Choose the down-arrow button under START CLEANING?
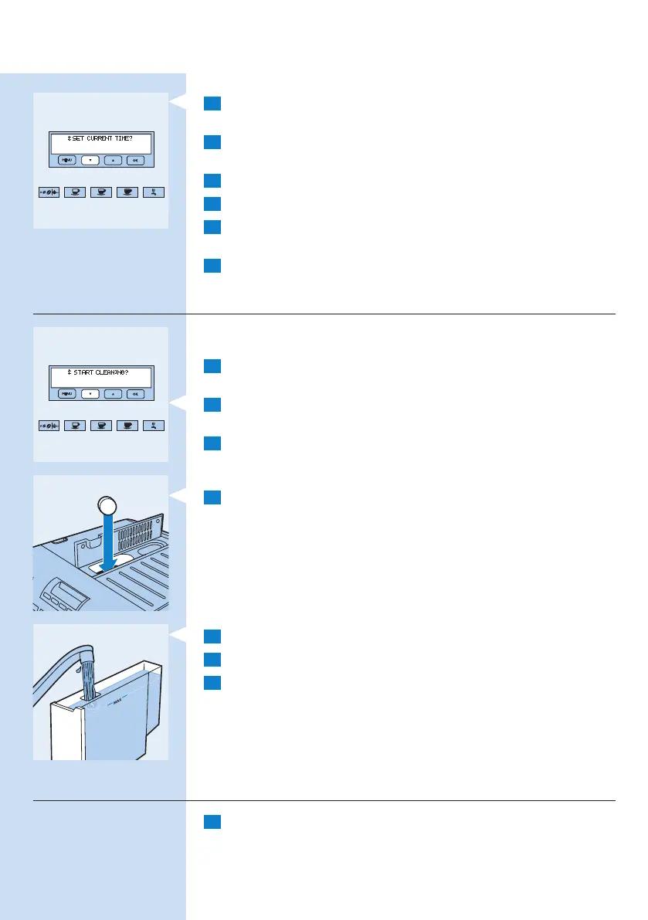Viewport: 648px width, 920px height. [x=90, y=394]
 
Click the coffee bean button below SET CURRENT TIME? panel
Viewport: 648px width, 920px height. [x=49, y=192]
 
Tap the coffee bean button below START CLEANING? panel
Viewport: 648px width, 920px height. [x=49, y=426]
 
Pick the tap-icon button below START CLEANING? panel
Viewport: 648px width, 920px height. [x=154, y=426]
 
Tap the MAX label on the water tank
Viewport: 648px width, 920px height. [x=117, y=703]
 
